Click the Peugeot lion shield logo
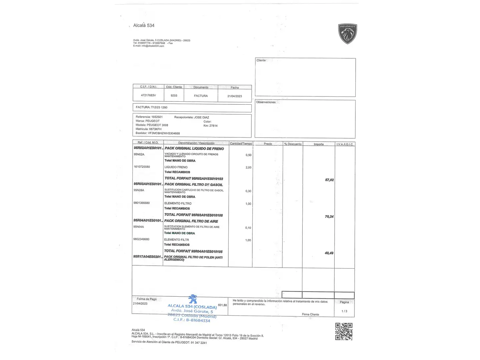point(348,34)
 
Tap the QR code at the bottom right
point(344,331)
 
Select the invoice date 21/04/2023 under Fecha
point(235,96)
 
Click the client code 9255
point(174,95)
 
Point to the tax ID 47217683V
point(148,95)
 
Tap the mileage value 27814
point(213,126)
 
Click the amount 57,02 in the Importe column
point(329,180)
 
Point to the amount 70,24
point(329,217)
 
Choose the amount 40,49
point(329,253)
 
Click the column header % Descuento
point(293,144)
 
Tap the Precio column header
point(268,144)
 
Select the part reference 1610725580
point(142,167)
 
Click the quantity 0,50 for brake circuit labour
point(248,155)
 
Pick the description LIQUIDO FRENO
point(176,167)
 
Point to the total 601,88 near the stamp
point(222,305)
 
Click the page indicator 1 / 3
point(344,311)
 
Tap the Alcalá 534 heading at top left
point(144,25)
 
